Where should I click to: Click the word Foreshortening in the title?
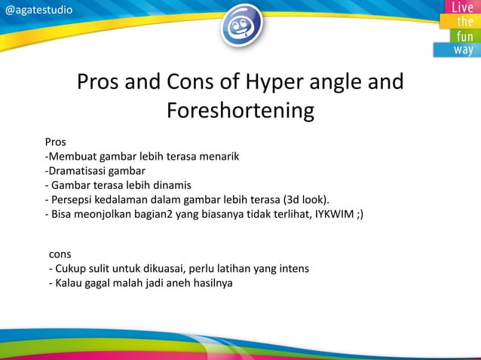[x=240, y=111]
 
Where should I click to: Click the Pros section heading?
[x=55, y=142]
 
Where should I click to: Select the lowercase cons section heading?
[x=60, y=255]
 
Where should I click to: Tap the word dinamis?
[x=171, y=185]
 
